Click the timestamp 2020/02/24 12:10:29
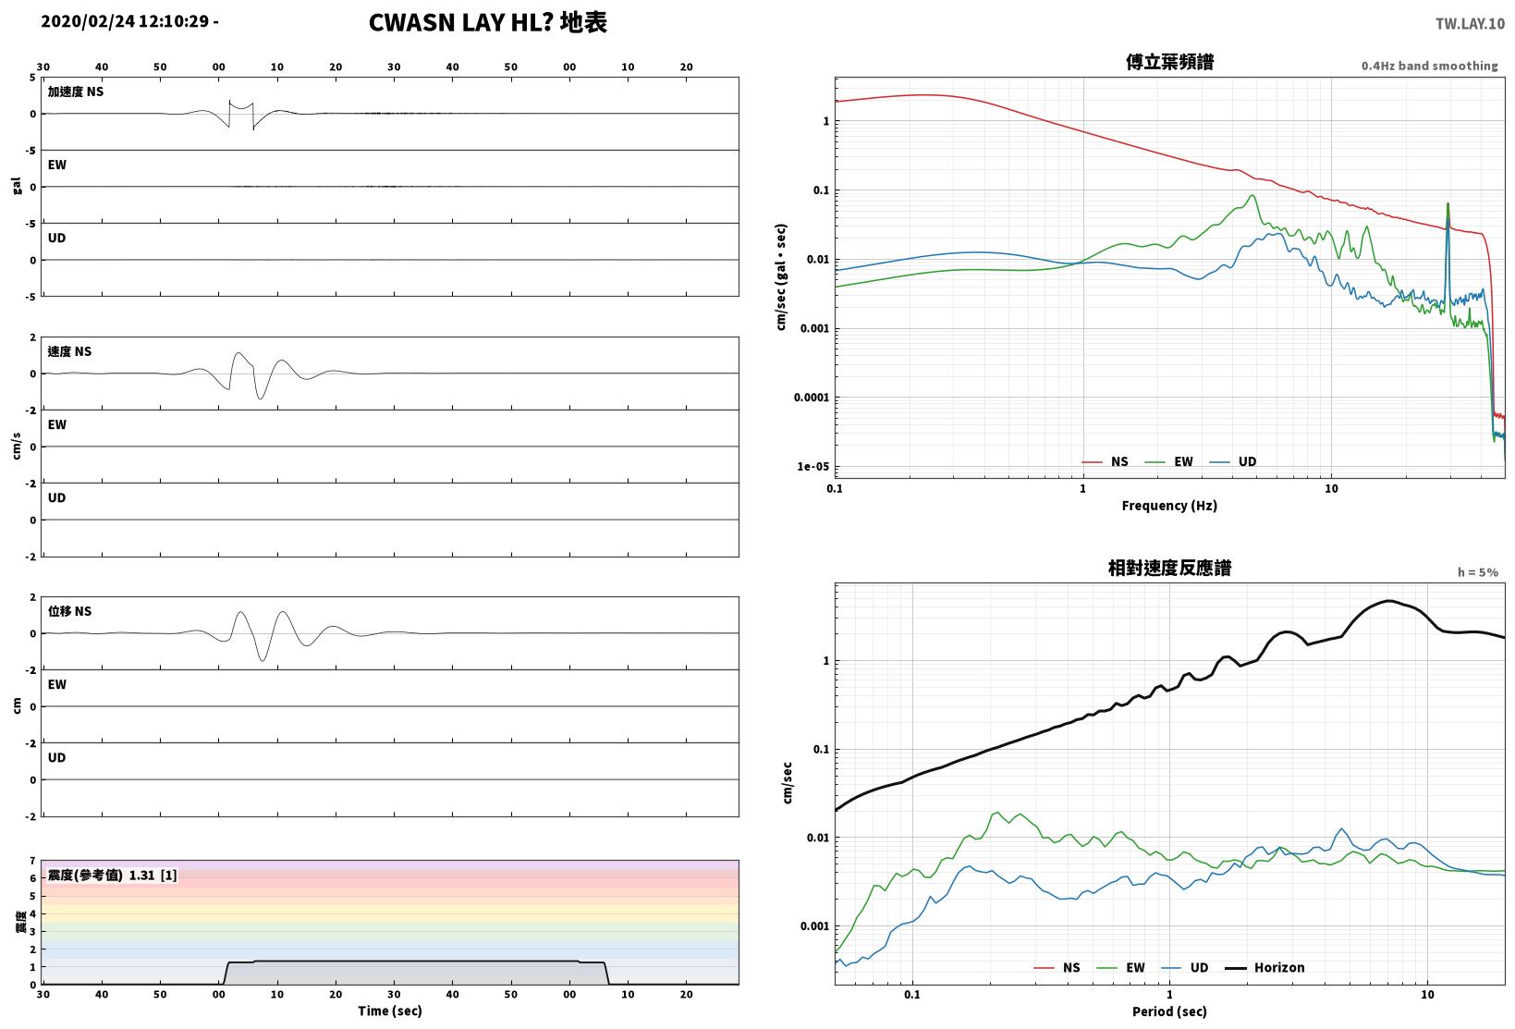[x=125, y=21]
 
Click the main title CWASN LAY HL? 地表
[x=488, y=22]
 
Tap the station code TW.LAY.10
[x=1470, y=24]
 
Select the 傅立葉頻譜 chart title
[x=1169, y=62]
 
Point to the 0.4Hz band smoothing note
[x=1429, y=66]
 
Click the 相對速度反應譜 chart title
[x=1169, y=568]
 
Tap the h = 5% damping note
[x=1477, y=572]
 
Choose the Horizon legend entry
[x=1265, y=967]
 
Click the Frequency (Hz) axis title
[x=1168, y=506]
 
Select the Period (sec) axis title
[x=1168, y=1011]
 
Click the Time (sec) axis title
[x=389, y=1011]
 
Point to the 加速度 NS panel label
[x=75, y=92]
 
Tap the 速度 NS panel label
[x=69, y=351]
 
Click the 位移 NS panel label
[x=69, y=611]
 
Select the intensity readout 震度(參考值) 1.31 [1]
[x=112, y=875]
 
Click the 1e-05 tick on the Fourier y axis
[x=812, y=466]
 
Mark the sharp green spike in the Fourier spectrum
[x=1448, y=204]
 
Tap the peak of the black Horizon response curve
[x=1388, y=601]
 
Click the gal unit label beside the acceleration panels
[x=17, y=186]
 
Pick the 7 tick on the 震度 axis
[x=32, y=861]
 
